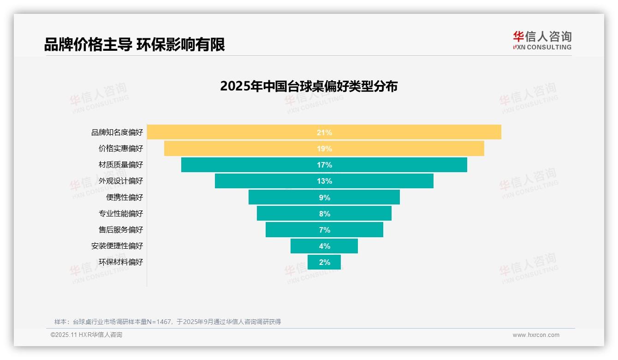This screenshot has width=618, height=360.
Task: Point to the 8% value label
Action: pos(324,214)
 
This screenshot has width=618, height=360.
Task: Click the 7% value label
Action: pos(324,230)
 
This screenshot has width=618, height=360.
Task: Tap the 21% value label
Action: pos(324,132)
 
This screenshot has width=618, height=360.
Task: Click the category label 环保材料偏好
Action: pos(121,262)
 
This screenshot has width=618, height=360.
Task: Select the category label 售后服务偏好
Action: pos(121,230)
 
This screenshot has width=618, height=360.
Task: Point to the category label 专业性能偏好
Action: pos(121,214)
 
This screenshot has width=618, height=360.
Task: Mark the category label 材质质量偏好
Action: pos(121,165)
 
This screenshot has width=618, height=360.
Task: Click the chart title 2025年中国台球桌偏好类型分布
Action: pos(309,86)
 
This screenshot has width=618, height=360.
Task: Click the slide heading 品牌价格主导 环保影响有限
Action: pos(134,44)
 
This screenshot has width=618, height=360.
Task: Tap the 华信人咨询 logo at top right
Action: pos(542,40)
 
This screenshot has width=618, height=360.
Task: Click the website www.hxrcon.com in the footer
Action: pos(535,335)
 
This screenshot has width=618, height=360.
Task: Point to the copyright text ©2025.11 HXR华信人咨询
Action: pos(86,335)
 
